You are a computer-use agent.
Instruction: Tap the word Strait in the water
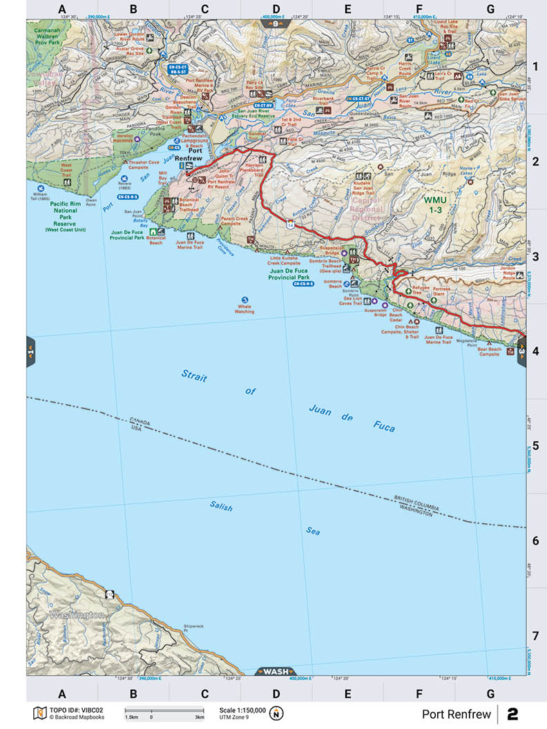point(194,376)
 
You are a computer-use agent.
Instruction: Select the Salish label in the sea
point(221,507)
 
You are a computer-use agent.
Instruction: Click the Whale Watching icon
point(244,300)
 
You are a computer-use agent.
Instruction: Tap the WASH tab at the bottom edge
point(276,672)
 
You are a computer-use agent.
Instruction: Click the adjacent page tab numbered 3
point(522,351)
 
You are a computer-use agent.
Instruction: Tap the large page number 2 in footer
point(512,714)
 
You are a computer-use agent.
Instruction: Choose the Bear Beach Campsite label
point(489,352)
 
